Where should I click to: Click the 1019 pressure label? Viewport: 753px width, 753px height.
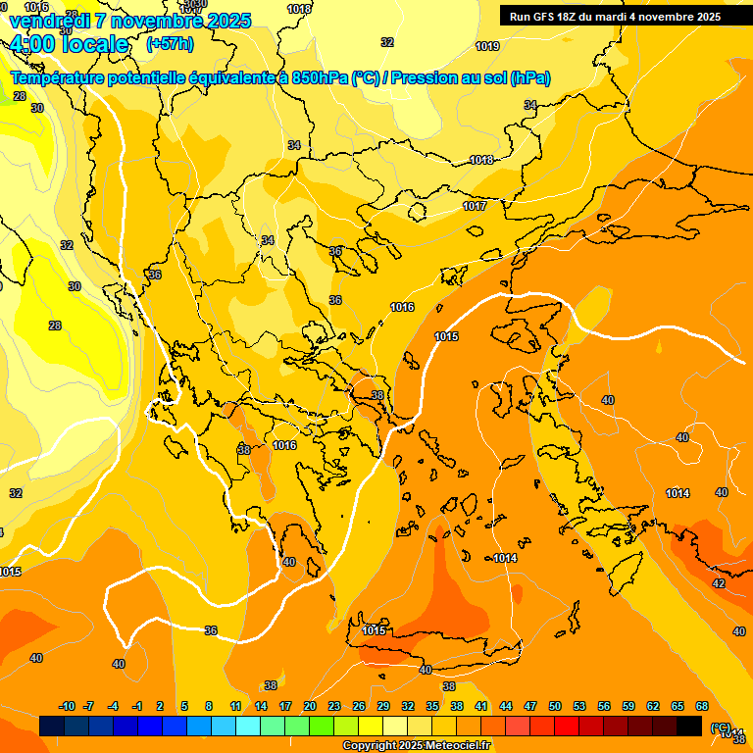click(487, 46)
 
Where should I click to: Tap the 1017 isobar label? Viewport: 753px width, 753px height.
click(476, 206)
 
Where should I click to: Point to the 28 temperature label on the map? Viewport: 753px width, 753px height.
click(55, 326)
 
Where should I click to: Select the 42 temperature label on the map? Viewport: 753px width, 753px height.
click(719, 583)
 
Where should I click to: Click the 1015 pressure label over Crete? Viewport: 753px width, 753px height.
click(374, 630)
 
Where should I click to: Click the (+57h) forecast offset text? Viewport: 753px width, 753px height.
click(170, 44)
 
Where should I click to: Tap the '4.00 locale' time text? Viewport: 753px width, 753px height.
click(69, 44)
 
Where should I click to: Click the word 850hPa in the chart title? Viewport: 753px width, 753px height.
click(319, 77)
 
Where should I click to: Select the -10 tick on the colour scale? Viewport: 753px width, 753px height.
click(67, 707)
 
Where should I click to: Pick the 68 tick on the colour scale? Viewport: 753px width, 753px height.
click(702, 707)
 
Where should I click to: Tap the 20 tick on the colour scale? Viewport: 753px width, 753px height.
click(310, 707)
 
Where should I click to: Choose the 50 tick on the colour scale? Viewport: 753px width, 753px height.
click(555, 707)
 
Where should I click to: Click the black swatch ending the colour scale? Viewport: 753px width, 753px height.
click(689, 726)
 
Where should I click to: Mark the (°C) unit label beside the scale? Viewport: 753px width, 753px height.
click(721, 727)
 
